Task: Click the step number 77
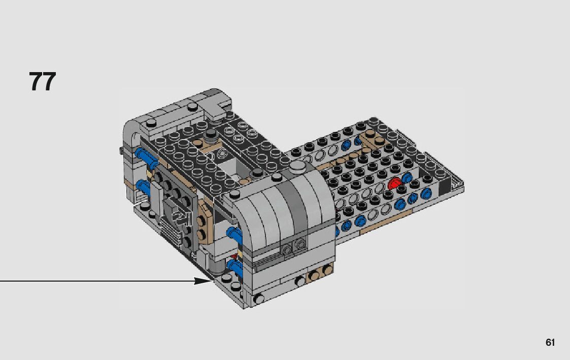43,81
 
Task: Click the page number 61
550,342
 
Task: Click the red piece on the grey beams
393,183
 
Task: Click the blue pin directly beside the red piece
407,178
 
